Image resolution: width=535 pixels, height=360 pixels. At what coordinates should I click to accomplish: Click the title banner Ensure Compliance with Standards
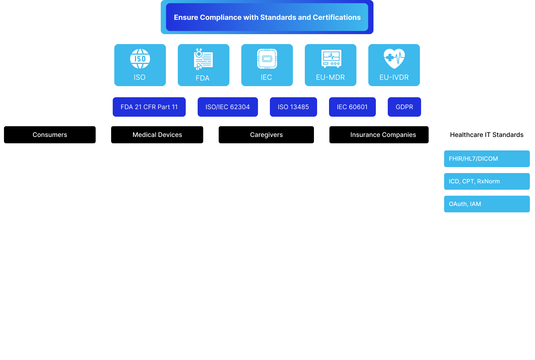pos(267,17)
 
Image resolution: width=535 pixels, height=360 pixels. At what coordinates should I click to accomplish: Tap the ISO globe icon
pos(140,59)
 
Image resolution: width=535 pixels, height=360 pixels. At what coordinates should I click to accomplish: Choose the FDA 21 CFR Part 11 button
pos(149,107)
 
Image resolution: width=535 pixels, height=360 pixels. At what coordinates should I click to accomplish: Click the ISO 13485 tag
pos(293,107)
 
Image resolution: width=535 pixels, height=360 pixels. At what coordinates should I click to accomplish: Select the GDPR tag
pos(404,107)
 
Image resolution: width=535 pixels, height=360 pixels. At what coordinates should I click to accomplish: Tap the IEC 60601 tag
pos(352,107)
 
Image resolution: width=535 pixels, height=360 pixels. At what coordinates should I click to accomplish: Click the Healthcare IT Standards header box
pos(487,135)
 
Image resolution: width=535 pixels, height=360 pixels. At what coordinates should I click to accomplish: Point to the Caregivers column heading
pos(266,135)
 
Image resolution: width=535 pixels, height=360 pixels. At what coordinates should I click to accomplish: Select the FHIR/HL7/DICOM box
pos(487,159)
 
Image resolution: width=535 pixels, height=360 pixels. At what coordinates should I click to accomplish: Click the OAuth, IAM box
pos(487,204)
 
